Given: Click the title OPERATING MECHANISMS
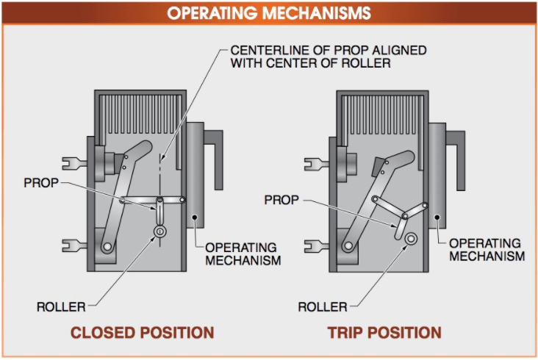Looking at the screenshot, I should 268,13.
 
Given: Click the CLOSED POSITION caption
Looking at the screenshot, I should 142,332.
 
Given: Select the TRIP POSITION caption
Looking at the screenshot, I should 384,332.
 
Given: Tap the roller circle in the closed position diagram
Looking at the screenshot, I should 159,231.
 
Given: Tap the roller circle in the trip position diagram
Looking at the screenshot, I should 410,240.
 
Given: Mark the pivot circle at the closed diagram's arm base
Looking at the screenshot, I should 108,248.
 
